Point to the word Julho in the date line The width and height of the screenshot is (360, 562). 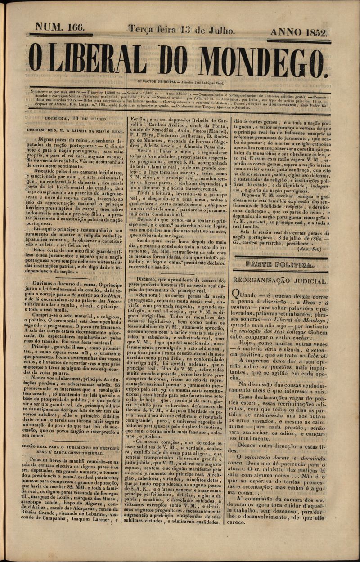(220, 31)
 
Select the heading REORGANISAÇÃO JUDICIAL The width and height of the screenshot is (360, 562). (279, 281)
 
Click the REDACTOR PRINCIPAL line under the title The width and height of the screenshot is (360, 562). (180, 83)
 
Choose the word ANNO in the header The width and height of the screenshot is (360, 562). (285, 32)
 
